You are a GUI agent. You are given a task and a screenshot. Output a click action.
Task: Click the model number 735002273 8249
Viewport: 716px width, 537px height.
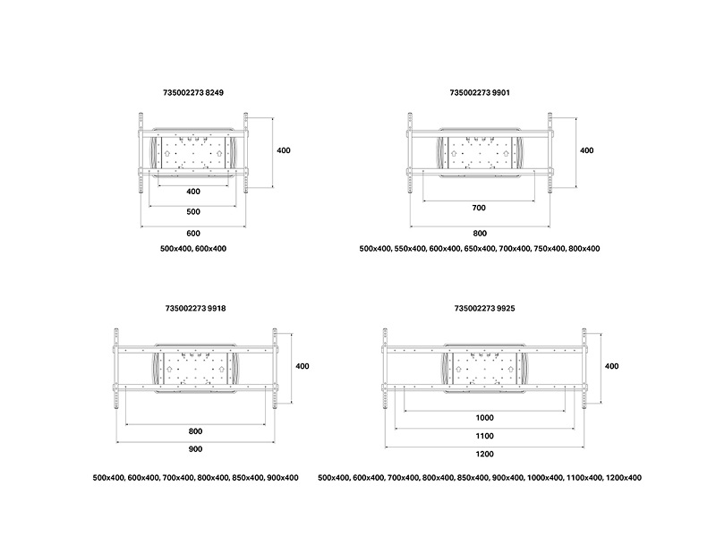pyautogui.click(x=193, y=92)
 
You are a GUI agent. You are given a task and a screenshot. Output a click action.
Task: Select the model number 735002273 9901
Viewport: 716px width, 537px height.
pyautogui.click(x=480, y=92)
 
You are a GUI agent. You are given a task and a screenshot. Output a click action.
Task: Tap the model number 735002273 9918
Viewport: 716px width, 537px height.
pyautogui.click(x=195, y=308)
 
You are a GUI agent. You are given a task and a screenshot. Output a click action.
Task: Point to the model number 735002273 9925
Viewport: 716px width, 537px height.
pyautogui.click(x=484, y=308)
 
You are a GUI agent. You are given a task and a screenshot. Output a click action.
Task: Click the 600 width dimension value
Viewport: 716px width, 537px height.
pyautogui.click(x=193, y=234)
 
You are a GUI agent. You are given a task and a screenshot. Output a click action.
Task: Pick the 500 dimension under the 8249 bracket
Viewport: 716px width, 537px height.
pyautogui.click(x=193, y=212)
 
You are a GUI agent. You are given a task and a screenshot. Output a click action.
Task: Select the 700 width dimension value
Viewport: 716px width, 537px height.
pyautogui.click(x=479, y=208)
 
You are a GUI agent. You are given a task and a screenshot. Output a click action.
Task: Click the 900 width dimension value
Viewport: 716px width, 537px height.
pyautogui.click(x=195, y=449)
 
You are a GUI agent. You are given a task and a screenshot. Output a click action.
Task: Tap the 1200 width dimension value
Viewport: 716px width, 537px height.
pyautogui.click(x=484, y=454)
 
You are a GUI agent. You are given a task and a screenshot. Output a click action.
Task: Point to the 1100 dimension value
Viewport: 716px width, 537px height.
pyautogui.click(x=484, y=436)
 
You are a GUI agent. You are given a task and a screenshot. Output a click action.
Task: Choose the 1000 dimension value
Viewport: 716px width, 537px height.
pyautogui.click(x=484, y=418)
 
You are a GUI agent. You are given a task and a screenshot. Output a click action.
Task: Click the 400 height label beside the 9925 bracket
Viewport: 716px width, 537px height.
pyautogui.click(x=611, y=366)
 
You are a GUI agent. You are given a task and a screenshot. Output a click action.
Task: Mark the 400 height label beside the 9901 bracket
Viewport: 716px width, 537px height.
pyautogui.click(x=587, y=150)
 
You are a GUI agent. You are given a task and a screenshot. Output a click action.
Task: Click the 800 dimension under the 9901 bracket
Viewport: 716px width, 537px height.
pyautogui.click(x=480, y=234)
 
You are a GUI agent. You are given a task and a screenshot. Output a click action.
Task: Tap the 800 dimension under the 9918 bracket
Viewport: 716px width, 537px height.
pyautogui.click(x=195, y=431)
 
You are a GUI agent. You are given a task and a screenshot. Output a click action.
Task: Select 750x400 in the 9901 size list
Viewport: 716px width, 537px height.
pyautogui.click(x=549, y=249)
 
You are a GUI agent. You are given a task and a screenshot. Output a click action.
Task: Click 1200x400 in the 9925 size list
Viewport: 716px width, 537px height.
pyautogui.click(x=624, y=478)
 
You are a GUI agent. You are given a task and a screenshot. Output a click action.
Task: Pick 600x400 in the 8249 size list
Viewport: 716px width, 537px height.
pyautogui.click(x=211, y=249)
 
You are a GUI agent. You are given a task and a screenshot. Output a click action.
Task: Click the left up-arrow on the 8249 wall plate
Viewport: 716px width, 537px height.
pyautogui.click(x=167, y=152)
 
